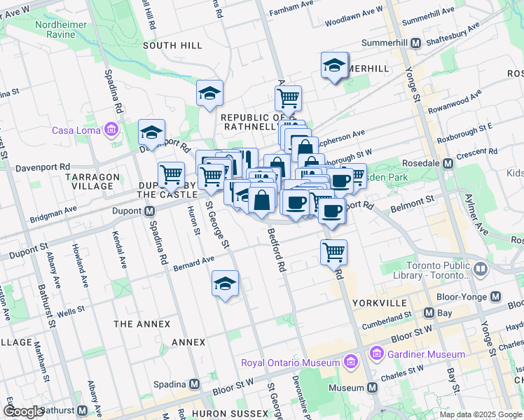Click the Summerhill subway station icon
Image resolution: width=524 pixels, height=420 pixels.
click(415, 43)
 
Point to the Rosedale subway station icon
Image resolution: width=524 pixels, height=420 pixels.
click(448, 163)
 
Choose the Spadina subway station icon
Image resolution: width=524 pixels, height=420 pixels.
click(194, 384)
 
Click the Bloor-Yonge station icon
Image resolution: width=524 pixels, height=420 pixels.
click(497, 296)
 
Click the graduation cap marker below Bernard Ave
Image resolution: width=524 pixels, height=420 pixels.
click(226, 283)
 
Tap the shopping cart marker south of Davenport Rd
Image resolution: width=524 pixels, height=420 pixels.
click(334, 250)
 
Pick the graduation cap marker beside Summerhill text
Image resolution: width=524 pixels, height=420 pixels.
click(335, 66)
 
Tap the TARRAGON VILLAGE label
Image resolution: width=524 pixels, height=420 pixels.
click(91, 181)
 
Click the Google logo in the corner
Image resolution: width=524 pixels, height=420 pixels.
click(24, 412)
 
